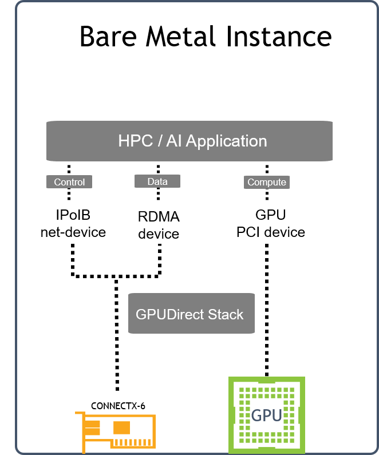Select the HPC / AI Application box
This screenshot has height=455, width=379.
point(189,141)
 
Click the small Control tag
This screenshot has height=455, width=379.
point(69,182)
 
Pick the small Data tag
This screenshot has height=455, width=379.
point(157,181)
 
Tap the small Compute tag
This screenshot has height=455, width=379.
point(266,182)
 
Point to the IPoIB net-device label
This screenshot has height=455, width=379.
point(73,224)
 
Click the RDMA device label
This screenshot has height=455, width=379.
point(159,225)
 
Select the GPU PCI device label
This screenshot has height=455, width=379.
point(271,224)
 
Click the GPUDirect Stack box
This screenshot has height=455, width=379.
point(191,314)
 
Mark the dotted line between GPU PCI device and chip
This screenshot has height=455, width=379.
point(266,309)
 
